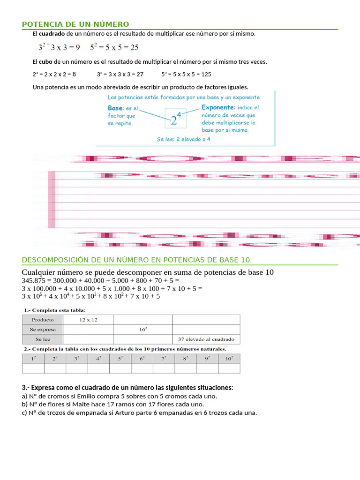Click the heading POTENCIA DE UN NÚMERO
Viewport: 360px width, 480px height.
(75, 24)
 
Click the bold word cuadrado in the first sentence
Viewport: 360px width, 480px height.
(52, 34)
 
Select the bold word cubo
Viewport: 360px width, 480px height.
(45, 62)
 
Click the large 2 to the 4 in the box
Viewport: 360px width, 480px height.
(176, 120)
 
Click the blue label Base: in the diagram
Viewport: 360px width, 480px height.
(115, 108)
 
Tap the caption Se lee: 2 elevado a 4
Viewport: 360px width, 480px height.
(183, 139)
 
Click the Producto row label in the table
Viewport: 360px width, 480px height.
(43, 320)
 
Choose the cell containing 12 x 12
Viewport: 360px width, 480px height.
(88, 320)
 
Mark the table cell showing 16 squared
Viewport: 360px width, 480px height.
(143, 330)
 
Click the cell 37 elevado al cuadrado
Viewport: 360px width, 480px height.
(206, 339)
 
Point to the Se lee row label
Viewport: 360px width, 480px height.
(43, 339)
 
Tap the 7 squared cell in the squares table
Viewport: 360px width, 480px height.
(164, 359)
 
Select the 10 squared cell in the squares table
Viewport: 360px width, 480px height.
(229, 359)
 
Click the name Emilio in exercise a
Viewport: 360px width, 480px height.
(86, 396)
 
